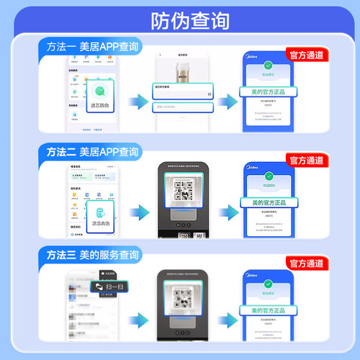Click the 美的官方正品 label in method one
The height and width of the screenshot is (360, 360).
[x=269, y=93]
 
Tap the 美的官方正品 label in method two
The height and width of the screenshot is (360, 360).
[x=269, y=202]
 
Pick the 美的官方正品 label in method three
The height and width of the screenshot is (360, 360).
[x=269, y=310]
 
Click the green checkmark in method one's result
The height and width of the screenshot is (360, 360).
[x=269, y=65]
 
